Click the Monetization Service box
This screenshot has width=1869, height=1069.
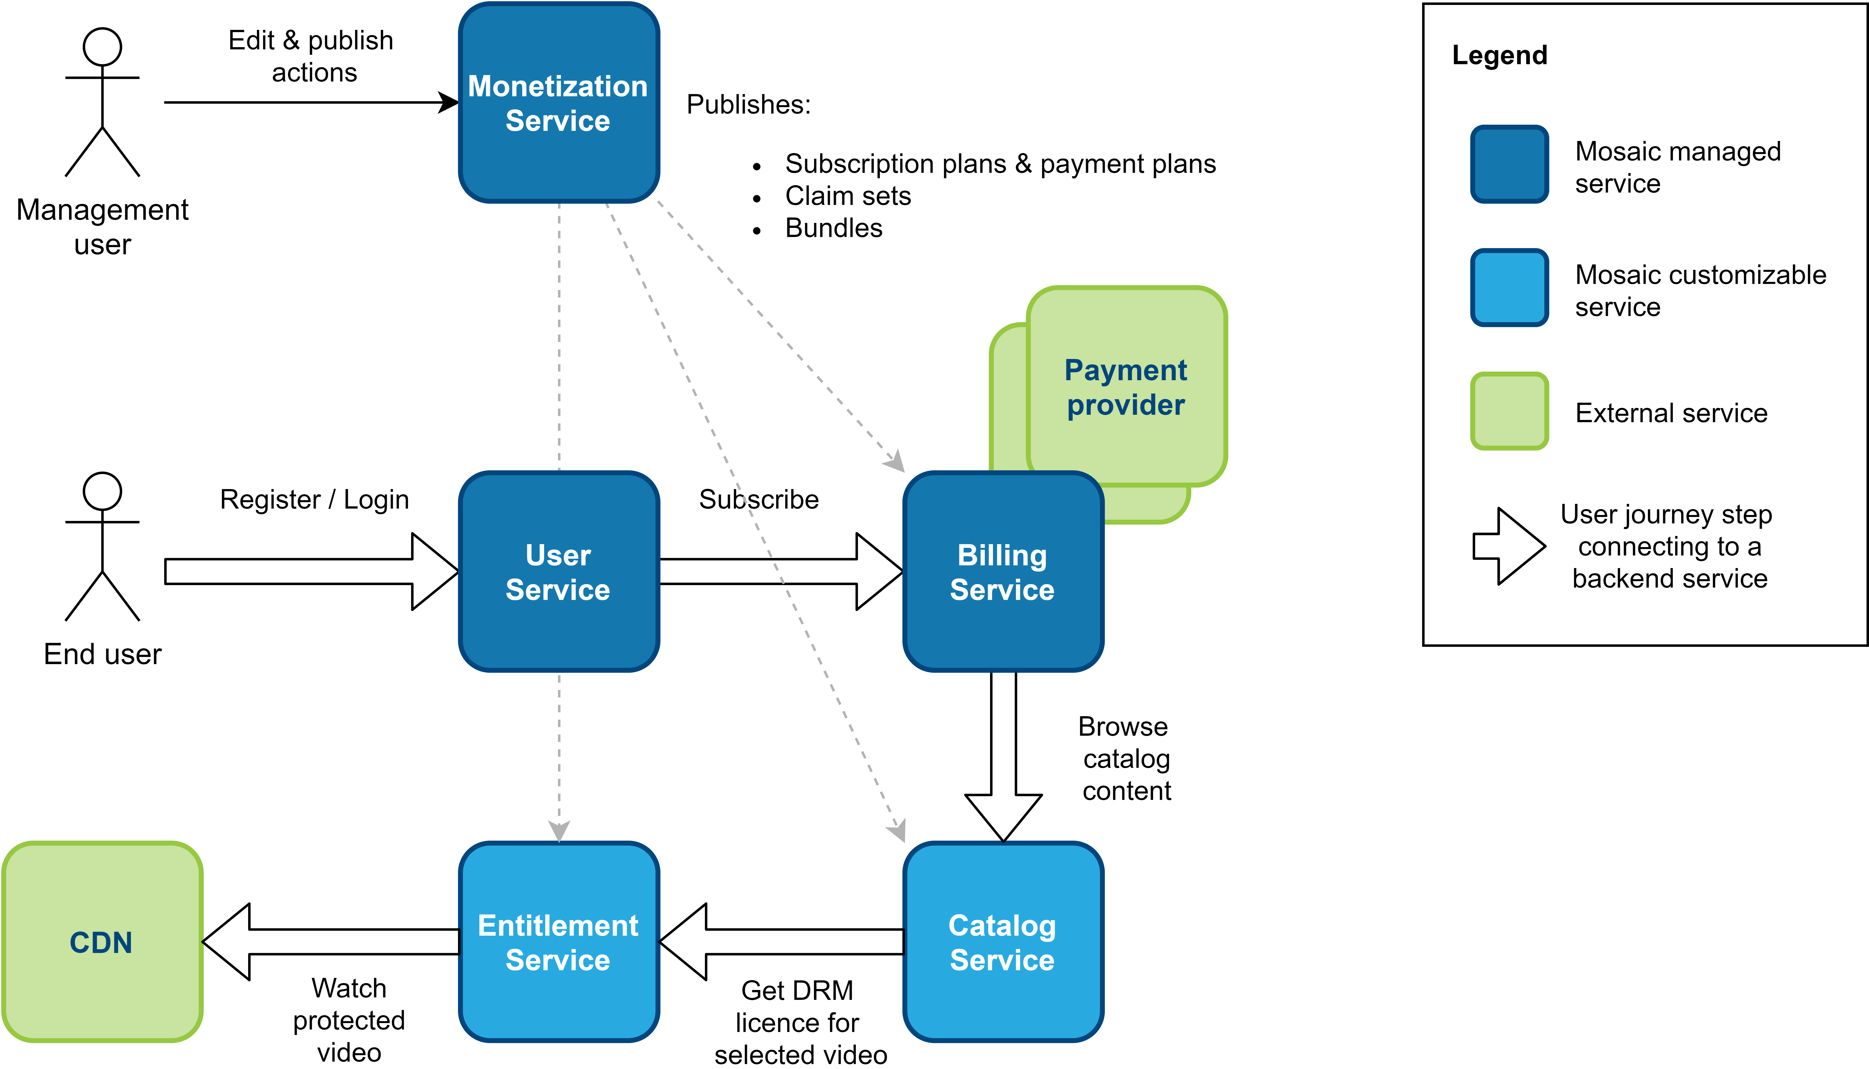click(x=559, y=103)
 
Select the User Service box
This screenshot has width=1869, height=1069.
click(x=559, y=572)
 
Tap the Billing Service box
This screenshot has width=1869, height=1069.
click(x=1003, y=572)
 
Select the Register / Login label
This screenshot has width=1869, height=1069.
click(x=314, y=499)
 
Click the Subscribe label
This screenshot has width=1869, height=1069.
click(x=758, y=499)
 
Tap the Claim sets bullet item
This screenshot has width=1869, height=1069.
click(x=848, y=196)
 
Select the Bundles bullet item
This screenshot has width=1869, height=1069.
click(x=834, y=228)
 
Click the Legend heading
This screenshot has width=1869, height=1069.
click(x=1500, y=55)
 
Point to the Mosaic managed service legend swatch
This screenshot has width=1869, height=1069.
click(x=1509, y=164)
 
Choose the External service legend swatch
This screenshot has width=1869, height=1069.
click(x=1509, y=411)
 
